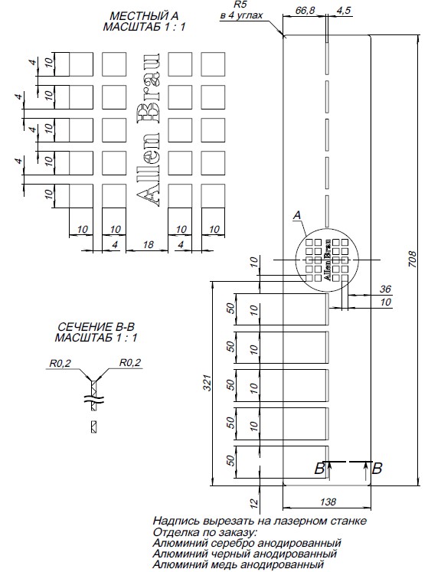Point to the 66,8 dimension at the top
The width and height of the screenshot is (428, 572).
305,10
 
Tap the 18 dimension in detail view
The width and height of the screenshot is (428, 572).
148,244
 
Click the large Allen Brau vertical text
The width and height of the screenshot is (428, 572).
149,130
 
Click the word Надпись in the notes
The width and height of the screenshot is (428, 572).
176,521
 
